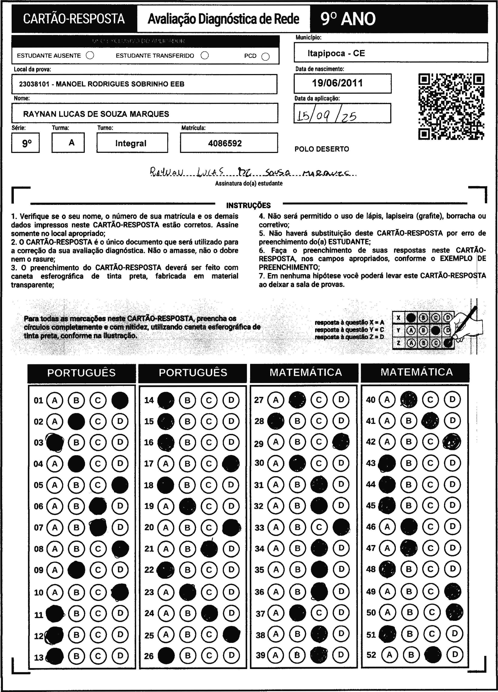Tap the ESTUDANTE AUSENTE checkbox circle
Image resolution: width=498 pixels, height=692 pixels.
pos(90,55)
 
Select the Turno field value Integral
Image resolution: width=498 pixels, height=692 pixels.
pos(131,143)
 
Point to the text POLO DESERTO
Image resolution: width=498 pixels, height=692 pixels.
pos(322,149)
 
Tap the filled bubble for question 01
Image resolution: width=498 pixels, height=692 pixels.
pos(120,400)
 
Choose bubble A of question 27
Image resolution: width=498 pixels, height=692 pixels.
pos(276,400)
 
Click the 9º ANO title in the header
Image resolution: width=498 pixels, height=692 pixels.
pos(348,19)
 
